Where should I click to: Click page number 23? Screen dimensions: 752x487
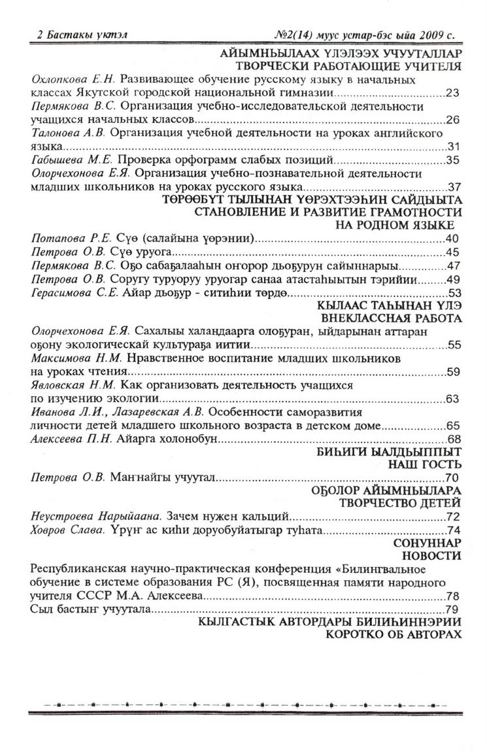pos(453,93)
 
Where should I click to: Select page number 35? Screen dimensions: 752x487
pos(453,160)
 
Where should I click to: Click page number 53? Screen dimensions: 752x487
pos(453,292)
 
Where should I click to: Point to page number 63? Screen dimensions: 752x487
pos(453,398)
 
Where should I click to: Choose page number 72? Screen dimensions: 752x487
pos(453,517)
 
